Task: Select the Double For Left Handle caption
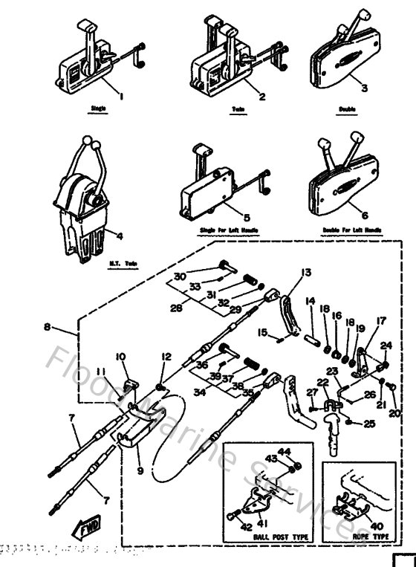click(x=352, y=231)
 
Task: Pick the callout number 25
click(x=369, y=424)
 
